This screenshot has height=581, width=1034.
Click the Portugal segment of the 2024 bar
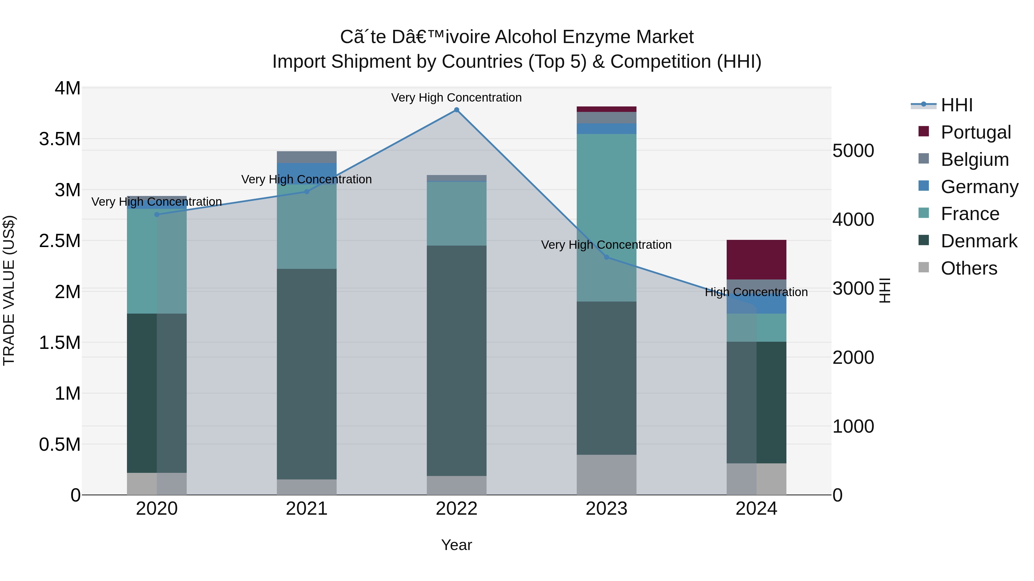(756, 259)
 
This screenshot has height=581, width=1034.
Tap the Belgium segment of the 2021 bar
(307, 157)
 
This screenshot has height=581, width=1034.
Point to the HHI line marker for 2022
(456, 110)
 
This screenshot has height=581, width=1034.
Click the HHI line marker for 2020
(157, 215)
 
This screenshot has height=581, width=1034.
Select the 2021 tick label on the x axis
(307, 508)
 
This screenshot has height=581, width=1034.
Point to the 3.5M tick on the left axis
(60, 139)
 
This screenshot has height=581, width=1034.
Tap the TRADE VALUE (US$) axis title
(9, 290)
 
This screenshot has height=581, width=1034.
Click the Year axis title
(456, 545)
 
